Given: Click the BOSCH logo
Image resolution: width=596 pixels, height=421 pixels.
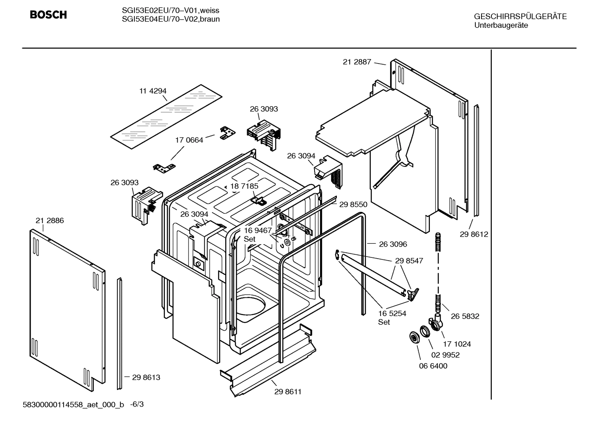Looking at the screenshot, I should (48, 15).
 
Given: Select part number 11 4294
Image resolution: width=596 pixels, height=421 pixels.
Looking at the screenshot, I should (153, 91).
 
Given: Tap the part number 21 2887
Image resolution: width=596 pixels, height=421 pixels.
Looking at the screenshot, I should (357, 62).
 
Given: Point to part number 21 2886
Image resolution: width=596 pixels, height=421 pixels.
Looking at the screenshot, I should (50, 221).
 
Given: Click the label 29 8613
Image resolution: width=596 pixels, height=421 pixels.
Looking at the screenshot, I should (146, 377).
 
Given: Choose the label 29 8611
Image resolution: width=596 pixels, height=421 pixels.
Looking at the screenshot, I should (288, 392).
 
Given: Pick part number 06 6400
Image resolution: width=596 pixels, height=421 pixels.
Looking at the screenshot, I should (433, 366).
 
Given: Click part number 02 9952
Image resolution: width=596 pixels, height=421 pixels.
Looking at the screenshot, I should (445, 355).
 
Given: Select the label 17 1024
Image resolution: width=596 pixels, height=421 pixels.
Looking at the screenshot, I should (457, 344).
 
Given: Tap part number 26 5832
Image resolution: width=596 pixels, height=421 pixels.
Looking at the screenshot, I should (465, 316).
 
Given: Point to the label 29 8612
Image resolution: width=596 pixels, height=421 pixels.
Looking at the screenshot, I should (474, 234).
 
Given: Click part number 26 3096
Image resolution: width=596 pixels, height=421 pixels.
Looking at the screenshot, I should (393, 244).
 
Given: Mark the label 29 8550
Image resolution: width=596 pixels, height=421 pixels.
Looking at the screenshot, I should (353, 204).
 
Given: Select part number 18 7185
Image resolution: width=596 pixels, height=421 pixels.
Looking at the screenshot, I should (244, 186).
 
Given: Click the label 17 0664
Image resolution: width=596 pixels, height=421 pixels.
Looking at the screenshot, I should (189, 140).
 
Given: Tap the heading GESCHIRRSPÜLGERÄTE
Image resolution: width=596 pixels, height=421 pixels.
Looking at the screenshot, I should (520, 17).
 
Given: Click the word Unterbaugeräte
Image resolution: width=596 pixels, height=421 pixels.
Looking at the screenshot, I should (501, 25).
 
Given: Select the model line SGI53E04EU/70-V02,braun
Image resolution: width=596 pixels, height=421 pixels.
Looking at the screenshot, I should (171, 19).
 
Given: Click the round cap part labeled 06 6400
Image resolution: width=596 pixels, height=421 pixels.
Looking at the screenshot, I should (413, 337).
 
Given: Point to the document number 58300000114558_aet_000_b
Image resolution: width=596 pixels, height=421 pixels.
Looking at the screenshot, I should (73, 404).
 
